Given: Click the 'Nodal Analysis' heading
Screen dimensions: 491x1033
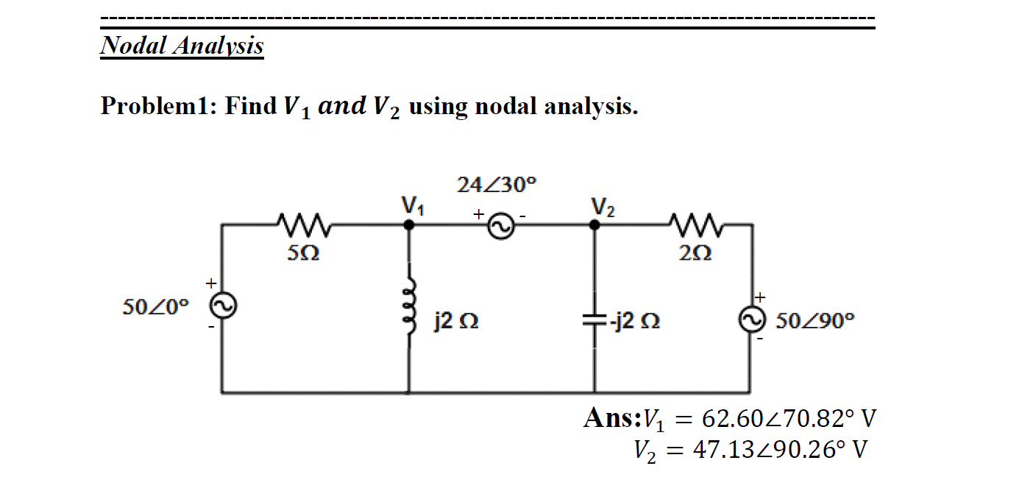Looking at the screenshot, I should (182, 46).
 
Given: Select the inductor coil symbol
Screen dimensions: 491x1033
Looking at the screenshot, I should (410, 309).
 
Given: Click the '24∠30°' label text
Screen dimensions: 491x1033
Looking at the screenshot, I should (492, 185).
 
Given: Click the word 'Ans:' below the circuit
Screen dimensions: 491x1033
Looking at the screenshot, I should (612, 418).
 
